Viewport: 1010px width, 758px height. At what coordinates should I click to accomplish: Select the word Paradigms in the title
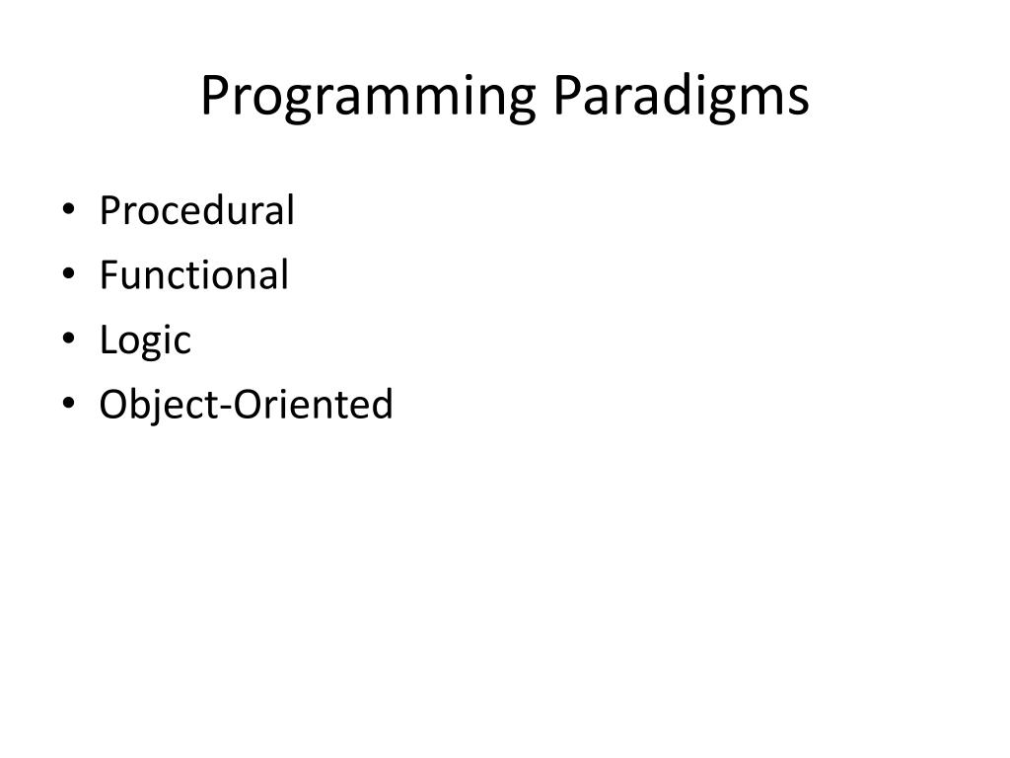(x=680, y=97)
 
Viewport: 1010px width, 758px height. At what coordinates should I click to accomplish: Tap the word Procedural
(x=196, y=211)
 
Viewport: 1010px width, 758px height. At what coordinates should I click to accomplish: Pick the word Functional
(x=193, y=275)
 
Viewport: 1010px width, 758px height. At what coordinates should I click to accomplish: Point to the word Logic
(x=145, y=341)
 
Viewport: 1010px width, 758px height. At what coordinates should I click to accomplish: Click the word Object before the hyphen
(x=159, y=405)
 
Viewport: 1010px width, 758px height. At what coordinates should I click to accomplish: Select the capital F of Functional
(x=108, y=275)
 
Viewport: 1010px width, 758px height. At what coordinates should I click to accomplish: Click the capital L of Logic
(x=107, y=340)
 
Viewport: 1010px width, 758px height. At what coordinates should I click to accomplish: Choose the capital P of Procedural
(x=108, y=211)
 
